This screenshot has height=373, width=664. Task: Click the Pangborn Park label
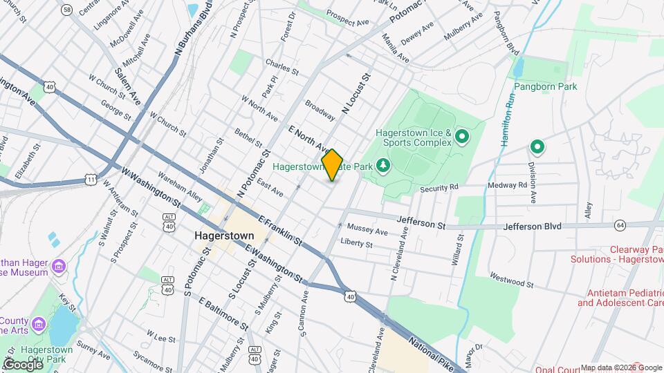click(x=545, y=87)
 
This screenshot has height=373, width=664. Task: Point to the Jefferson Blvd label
click(x=531, y=226)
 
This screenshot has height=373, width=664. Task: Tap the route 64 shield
click(x=620, y=224)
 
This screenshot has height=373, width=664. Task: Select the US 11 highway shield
click(x=91, y=179)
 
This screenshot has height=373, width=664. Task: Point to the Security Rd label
click(x=439, y=187)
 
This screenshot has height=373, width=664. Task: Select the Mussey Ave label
click(x=368, y=229)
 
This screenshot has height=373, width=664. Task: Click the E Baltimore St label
click(x=223, y=313)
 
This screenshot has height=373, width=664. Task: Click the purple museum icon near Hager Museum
click(x=59, y=266)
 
